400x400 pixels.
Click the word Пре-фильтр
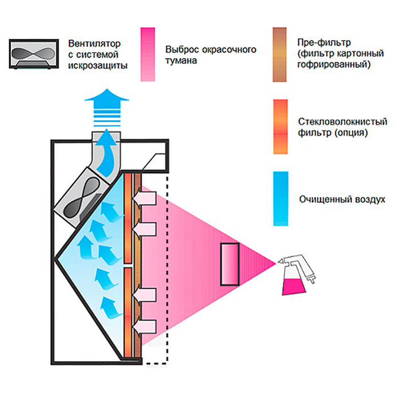(319, 43)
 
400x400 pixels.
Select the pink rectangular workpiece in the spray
(230, 264)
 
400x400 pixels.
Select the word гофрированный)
(334, 66)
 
